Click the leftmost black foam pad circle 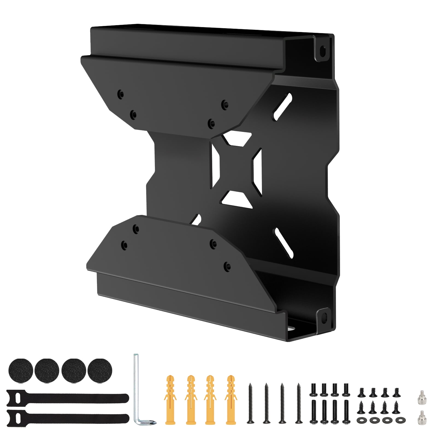click(x=21, y=371)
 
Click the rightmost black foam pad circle click(x=100, y=371)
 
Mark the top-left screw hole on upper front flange click(x=120, y=95)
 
